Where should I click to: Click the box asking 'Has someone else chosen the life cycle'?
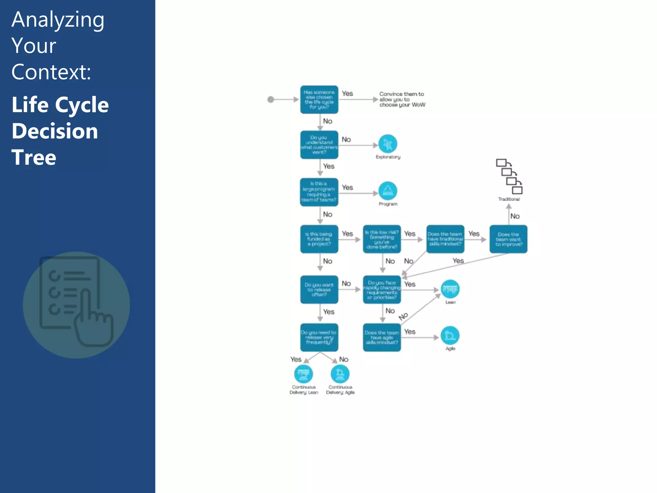pos(319,99)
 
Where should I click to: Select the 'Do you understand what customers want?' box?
pos(319,145)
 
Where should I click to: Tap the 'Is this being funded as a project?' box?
pos(319,239)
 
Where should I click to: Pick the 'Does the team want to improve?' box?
pos(508,239)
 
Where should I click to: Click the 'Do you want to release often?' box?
pos(319,290)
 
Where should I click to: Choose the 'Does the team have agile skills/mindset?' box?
pos(382,337)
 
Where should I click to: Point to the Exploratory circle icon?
pos(388,144)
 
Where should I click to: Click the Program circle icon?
pos(388,191)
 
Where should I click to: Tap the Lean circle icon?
pos(450,289)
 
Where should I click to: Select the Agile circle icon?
pos(450,336)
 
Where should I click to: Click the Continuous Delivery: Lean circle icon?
pos(303,374)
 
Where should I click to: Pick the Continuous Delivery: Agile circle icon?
pos(340,374)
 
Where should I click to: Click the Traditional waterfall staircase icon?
pos(509,177)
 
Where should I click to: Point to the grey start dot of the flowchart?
pos(271,99)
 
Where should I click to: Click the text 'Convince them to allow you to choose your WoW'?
pos(402,99)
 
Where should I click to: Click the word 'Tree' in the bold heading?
pos(34,157)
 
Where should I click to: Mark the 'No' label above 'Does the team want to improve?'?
pos(515,216)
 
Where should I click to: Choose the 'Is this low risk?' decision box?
pos(382,239)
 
